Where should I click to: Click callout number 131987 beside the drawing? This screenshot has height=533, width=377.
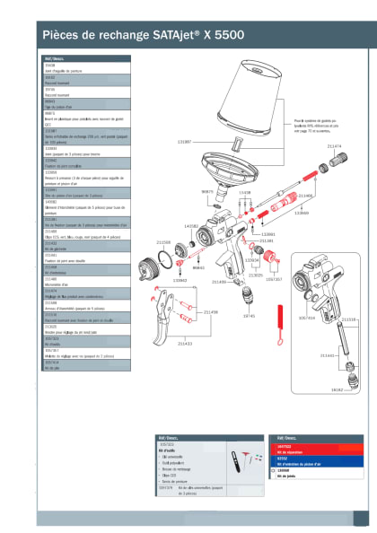point(180,143)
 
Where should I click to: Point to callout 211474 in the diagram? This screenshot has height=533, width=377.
point(333,145)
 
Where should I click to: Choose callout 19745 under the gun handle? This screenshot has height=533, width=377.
point(249,316)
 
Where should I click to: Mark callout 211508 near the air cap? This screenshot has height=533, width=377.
point(163,242)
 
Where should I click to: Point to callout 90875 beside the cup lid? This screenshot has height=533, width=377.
point(206,191)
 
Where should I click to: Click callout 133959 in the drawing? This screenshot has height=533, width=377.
point(302,214)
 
